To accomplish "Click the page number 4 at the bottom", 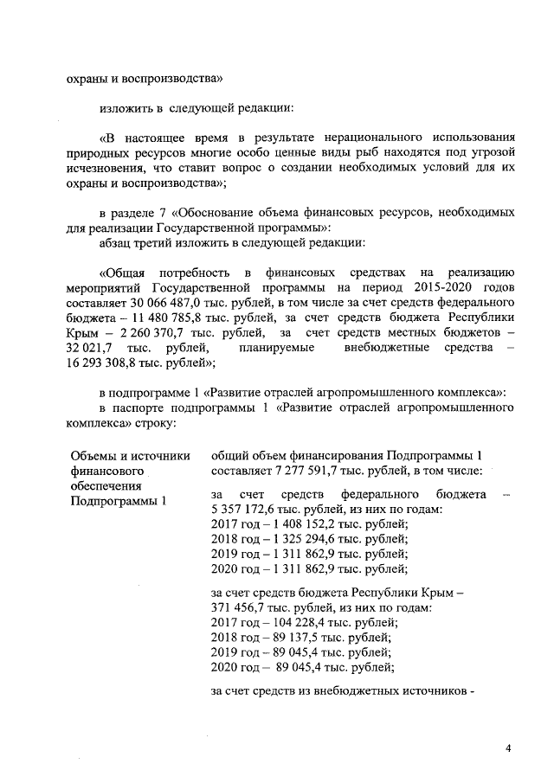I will [509, 747].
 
